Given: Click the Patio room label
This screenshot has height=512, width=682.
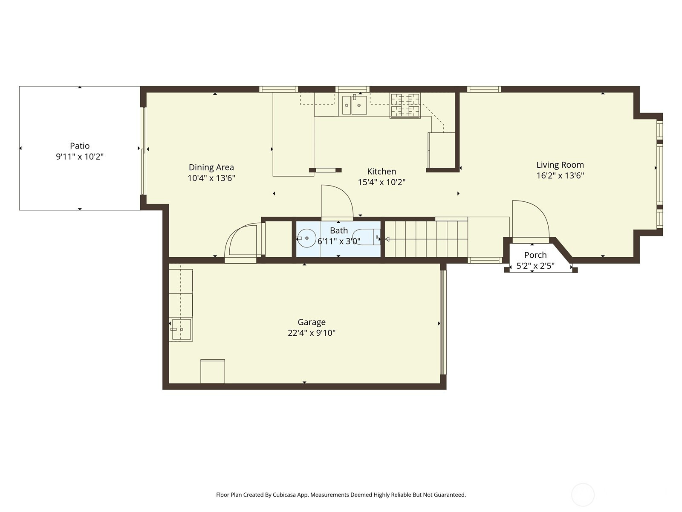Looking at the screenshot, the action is click(80, 145).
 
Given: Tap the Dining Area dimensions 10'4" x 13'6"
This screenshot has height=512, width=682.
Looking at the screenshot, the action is click(211, 178).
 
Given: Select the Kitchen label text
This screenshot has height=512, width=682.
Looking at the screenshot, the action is click(381, 171).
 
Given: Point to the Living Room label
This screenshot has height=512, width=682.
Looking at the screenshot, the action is click(560, 165).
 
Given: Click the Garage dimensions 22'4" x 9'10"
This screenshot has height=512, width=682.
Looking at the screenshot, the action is click(312, 333).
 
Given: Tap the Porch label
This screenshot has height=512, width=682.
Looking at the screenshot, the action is click(535, 255).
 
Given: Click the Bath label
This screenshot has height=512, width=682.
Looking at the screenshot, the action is click(339, 230).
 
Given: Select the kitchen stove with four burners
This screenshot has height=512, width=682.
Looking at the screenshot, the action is click(405, 105).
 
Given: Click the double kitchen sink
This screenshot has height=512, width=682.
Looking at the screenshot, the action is click(354, 105).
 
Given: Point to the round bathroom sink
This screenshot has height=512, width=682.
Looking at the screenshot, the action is click(306, 238).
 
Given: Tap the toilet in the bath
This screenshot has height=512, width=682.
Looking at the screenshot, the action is click(367, 237).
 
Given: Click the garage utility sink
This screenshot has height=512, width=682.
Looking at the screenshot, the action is click(181, 329).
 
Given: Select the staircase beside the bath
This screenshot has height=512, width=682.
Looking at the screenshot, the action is click(426, 239).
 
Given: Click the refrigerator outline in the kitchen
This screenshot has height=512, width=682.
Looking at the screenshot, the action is click(442, 150).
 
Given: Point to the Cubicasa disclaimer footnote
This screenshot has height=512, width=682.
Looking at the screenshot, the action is click(341, 495).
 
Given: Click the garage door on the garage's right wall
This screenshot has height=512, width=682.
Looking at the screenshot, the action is click(443, 322).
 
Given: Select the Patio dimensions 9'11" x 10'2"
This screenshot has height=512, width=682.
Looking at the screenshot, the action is click(80, 156).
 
